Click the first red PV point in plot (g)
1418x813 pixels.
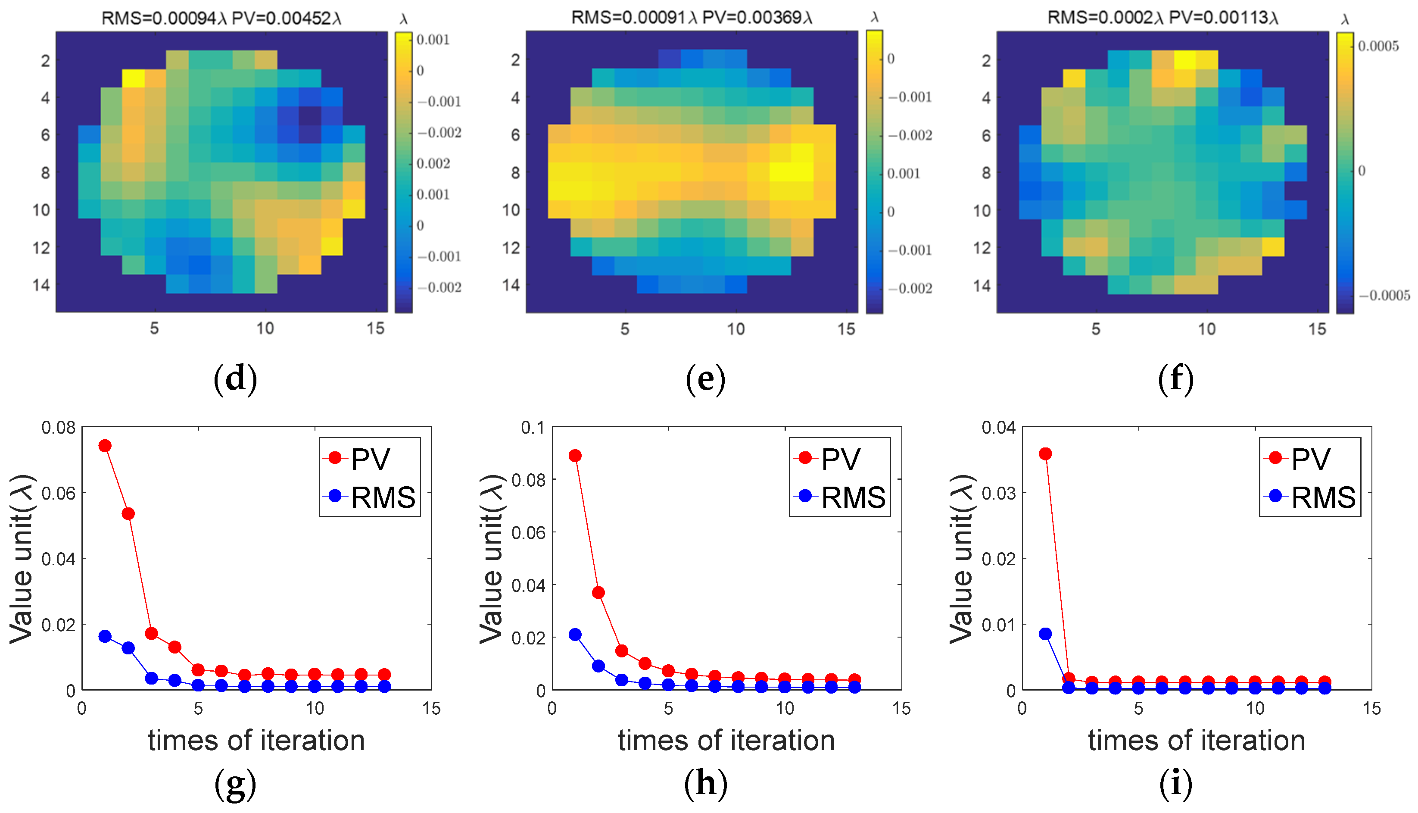(x=105, y=446)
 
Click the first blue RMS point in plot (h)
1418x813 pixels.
(x=575, y=634)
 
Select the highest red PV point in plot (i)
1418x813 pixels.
(x=1045, y=453)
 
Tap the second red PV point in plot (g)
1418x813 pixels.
(x=128, y=513)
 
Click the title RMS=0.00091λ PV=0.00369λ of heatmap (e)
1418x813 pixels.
(x=692, y=17)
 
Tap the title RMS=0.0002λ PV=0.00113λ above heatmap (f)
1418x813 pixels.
(x=1162, y=17)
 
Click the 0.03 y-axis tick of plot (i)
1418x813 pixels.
(x=998, y=494)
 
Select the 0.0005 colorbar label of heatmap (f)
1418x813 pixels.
(x=1378, y=47)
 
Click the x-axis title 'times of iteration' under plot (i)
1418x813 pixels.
(x=1197, y=741)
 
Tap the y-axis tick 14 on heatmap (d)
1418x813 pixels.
(x=41, y=285)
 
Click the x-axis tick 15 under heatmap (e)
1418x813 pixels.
(x=846, y=329)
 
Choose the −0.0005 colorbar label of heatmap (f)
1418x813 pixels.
(x=1384, y=295)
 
